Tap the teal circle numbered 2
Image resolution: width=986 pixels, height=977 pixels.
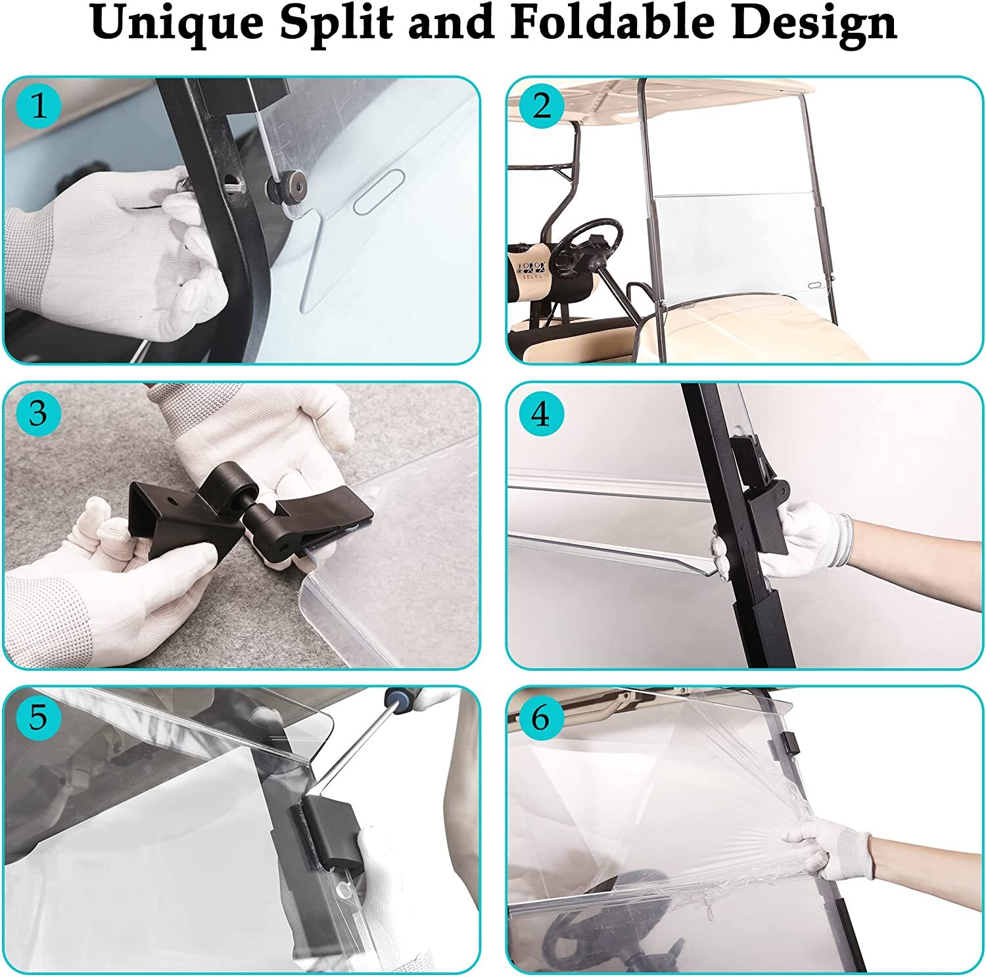pos(541,105)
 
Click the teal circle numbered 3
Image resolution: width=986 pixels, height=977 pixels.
pos(39,413)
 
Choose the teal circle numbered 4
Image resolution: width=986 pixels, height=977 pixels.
pos(541,413)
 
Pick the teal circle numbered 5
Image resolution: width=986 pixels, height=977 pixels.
pos(39,717)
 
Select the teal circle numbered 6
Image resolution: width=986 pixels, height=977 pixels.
pos(541,717)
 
